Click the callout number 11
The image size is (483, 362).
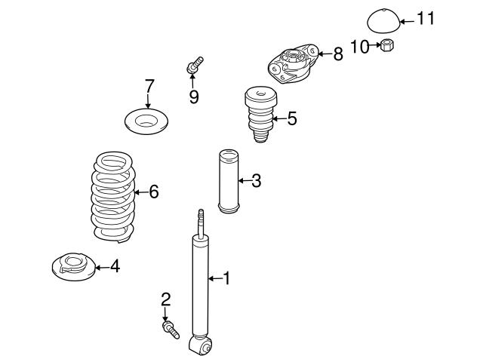click(426, 18)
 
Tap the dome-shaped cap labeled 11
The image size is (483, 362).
click(383, 20)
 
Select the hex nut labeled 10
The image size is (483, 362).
click(387, 46)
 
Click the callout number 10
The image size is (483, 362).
click(359, 47)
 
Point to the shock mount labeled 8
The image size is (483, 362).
click(293, 63)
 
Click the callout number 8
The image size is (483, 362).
click(338, 54)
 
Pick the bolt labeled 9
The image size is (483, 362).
click(195, 65)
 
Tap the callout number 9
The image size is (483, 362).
click(194, 97)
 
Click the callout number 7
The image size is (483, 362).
click(149, 86)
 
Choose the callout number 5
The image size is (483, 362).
click(292, 118)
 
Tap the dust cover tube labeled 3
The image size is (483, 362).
click(228, 181)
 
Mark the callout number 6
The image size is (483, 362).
click(153, 192)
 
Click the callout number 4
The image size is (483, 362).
click(115, 266)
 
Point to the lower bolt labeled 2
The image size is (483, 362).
click(171, 330)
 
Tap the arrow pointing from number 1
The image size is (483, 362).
click(215, 278)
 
